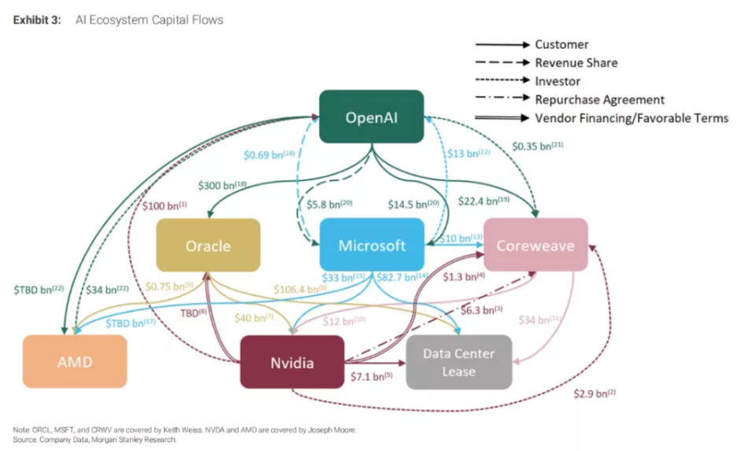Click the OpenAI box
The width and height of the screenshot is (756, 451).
coord(371,117)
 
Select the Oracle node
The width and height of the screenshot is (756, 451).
coord(208,246)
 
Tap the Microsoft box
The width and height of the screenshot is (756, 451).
coord(372,245)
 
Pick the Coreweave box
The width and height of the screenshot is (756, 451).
coord(535,245)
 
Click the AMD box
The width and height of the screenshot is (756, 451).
coord(74,362)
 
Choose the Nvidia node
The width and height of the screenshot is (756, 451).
coord(292,362)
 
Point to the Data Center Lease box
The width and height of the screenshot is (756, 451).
coord(458,362)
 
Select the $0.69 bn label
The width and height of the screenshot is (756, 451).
coord(266,155)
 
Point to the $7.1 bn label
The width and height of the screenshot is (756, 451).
coord(370,377)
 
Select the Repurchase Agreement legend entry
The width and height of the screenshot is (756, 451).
coord(599,100)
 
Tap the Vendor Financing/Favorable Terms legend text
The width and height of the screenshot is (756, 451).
coord(632,118)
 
